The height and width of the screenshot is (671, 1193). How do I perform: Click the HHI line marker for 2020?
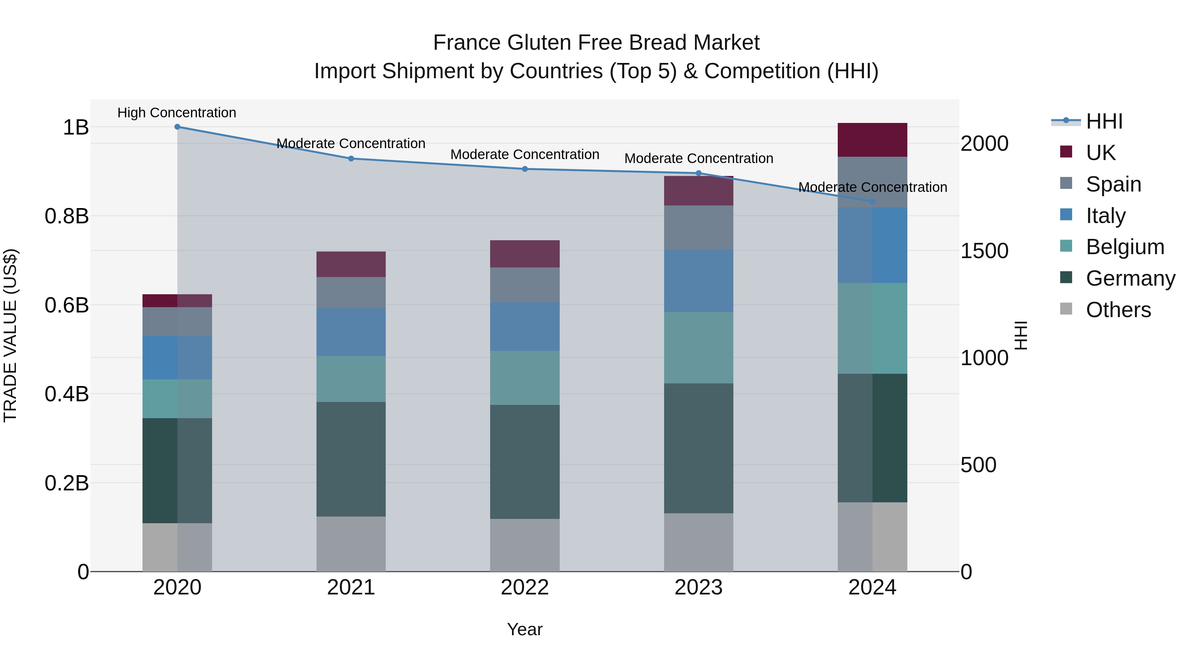177,127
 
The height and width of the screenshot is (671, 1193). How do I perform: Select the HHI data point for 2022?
525,169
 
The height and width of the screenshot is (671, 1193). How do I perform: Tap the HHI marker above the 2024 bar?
873,201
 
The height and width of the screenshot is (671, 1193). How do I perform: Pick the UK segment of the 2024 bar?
873,140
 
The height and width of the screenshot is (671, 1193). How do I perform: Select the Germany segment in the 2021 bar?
351,459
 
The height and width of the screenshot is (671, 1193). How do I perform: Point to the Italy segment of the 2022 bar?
525,326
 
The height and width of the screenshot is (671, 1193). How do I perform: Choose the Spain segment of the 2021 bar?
351,292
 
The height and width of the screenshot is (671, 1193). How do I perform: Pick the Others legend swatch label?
1118,310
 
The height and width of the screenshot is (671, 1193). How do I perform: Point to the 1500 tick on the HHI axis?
984,251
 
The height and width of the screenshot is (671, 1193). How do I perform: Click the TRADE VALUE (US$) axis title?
10,335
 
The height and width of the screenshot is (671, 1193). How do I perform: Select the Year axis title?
525,629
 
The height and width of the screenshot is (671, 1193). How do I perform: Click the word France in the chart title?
467,43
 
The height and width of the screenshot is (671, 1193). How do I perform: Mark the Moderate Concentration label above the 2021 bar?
351,143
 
